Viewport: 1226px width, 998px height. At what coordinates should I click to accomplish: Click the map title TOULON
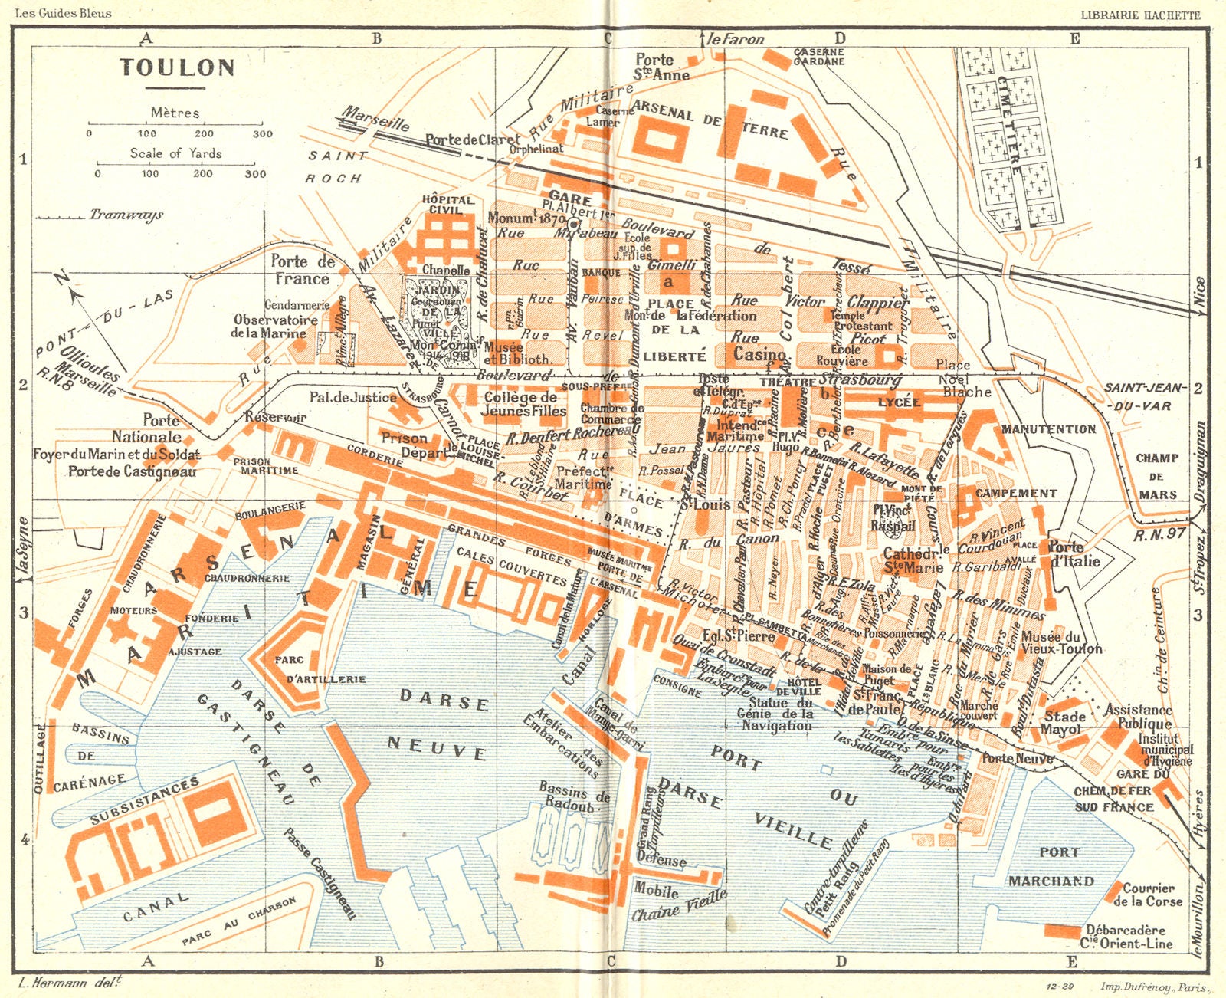tap(177, 67)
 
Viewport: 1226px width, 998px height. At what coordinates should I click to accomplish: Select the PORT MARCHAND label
tap(1051, 867)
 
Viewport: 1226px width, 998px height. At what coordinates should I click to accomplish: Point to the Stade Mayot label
tap(1064, 722)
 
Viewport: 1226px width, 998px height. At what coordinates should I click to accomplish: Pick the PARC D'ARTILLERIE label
tap(315, 669)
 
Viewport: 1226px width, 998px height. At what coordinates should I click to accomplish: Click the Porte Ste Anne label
tap(661, 67)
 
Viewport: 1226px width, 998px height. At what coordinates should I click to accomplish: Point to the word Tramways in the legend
tap(126, 215)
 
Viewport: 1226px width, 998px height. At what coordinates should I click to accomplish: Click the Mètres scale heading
tap(175, 113)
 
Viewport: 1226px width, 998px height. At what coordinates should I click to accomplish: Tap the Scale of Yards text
tap(175, 153)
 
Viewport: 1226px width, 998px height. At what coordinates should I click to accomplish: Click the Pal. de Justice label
tap(352, 397)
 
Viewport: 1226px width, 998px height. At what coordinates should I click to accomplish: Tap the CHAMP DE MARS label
tap(1157, 476)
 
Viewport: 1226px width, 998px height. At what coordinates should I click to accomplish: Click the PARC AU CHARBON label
tap(238, 921)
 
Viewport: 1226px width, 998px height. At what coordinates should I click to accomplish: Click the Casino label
tap(759, 354)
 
